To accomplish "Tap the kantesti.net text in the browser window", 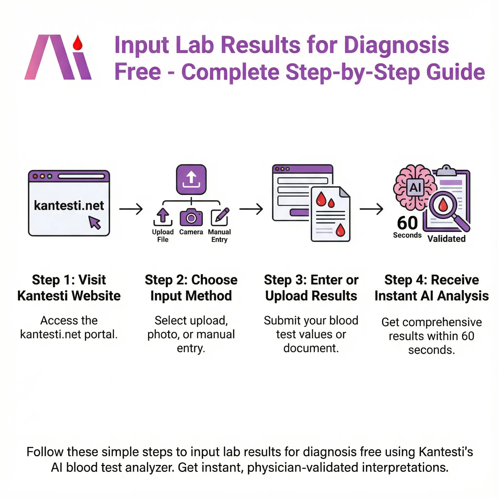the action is pyautogui.click(x=69, y=205).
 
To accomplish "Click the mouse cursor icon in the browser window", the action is pyautogui.click(x=94, y=222).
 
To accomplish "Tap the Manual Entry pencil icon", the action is pyautogui.click(x=220, y=216).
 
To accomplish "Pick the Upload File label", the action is pyautogui.click(x=163, y=236).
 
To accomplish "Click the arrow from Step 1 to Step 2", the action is pyautogui.click(x=131, y=209).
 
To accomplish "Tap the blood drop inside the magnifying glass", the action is pyautogui.click(x=443, y=204).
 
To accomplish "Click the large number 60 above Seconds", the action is pyautogui.click(x=407, y=223).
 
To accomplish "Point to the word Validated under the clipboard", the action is pyautogui.click(x=446, y=239).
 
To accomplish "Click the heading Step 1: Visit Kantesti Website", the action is pyautogui.click(x=69, y=288).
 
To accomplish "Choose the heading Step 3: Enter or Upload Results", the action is pyautogui.click(x=311, y=288).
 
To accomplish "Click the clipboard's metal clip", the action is pyautogui.click(x=446, y=170).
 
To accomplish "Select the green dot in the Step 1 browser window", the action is pyautogui.click(x=50, y=177).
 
